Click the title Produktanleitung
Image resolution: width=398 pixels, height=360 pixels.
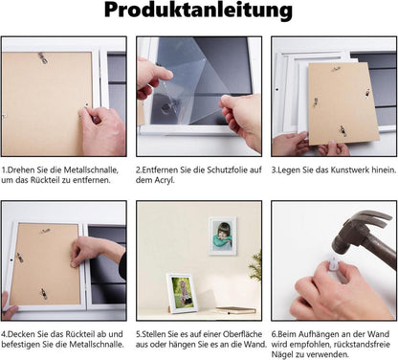(x=198, y=11)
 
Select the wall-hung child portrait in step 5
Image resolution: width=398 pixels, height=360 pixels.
(x=223, y=236)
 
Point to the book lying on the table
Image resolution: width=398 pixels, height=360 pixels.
(x=236, y=310)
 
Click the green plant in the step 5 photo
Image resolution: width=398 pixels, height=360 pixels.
(x=255, y=266)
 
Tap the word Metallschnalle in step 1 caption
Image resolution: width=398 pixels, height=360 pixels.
(x=91, y=169)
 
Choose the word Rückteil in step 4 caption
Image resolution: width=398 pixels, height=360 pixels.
(x=79, y=334)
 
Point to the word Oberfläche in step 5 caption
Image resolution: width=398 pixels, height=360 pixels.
(x=242, y=334)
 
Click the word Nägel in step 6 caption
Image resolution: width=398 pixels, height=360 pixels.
(x=282, y=354)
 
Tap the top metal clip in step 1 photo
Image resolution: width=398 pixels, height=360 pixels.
(x=43, y=58)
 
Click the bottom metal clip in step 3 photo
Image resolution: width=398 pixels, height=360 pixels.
(x=343, y=130)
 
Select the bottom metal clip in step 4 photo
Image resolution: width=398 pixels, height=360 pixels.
(x=44, y=294)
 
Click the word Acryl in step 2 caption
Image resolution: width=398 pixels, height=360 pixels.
(x=165, y=180)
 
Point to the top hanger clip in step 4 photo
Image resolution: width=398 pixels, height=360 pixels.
(x=45, y=231)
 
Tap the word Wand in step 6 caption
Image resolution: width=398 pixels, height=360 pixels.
(x=379, y=334)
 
